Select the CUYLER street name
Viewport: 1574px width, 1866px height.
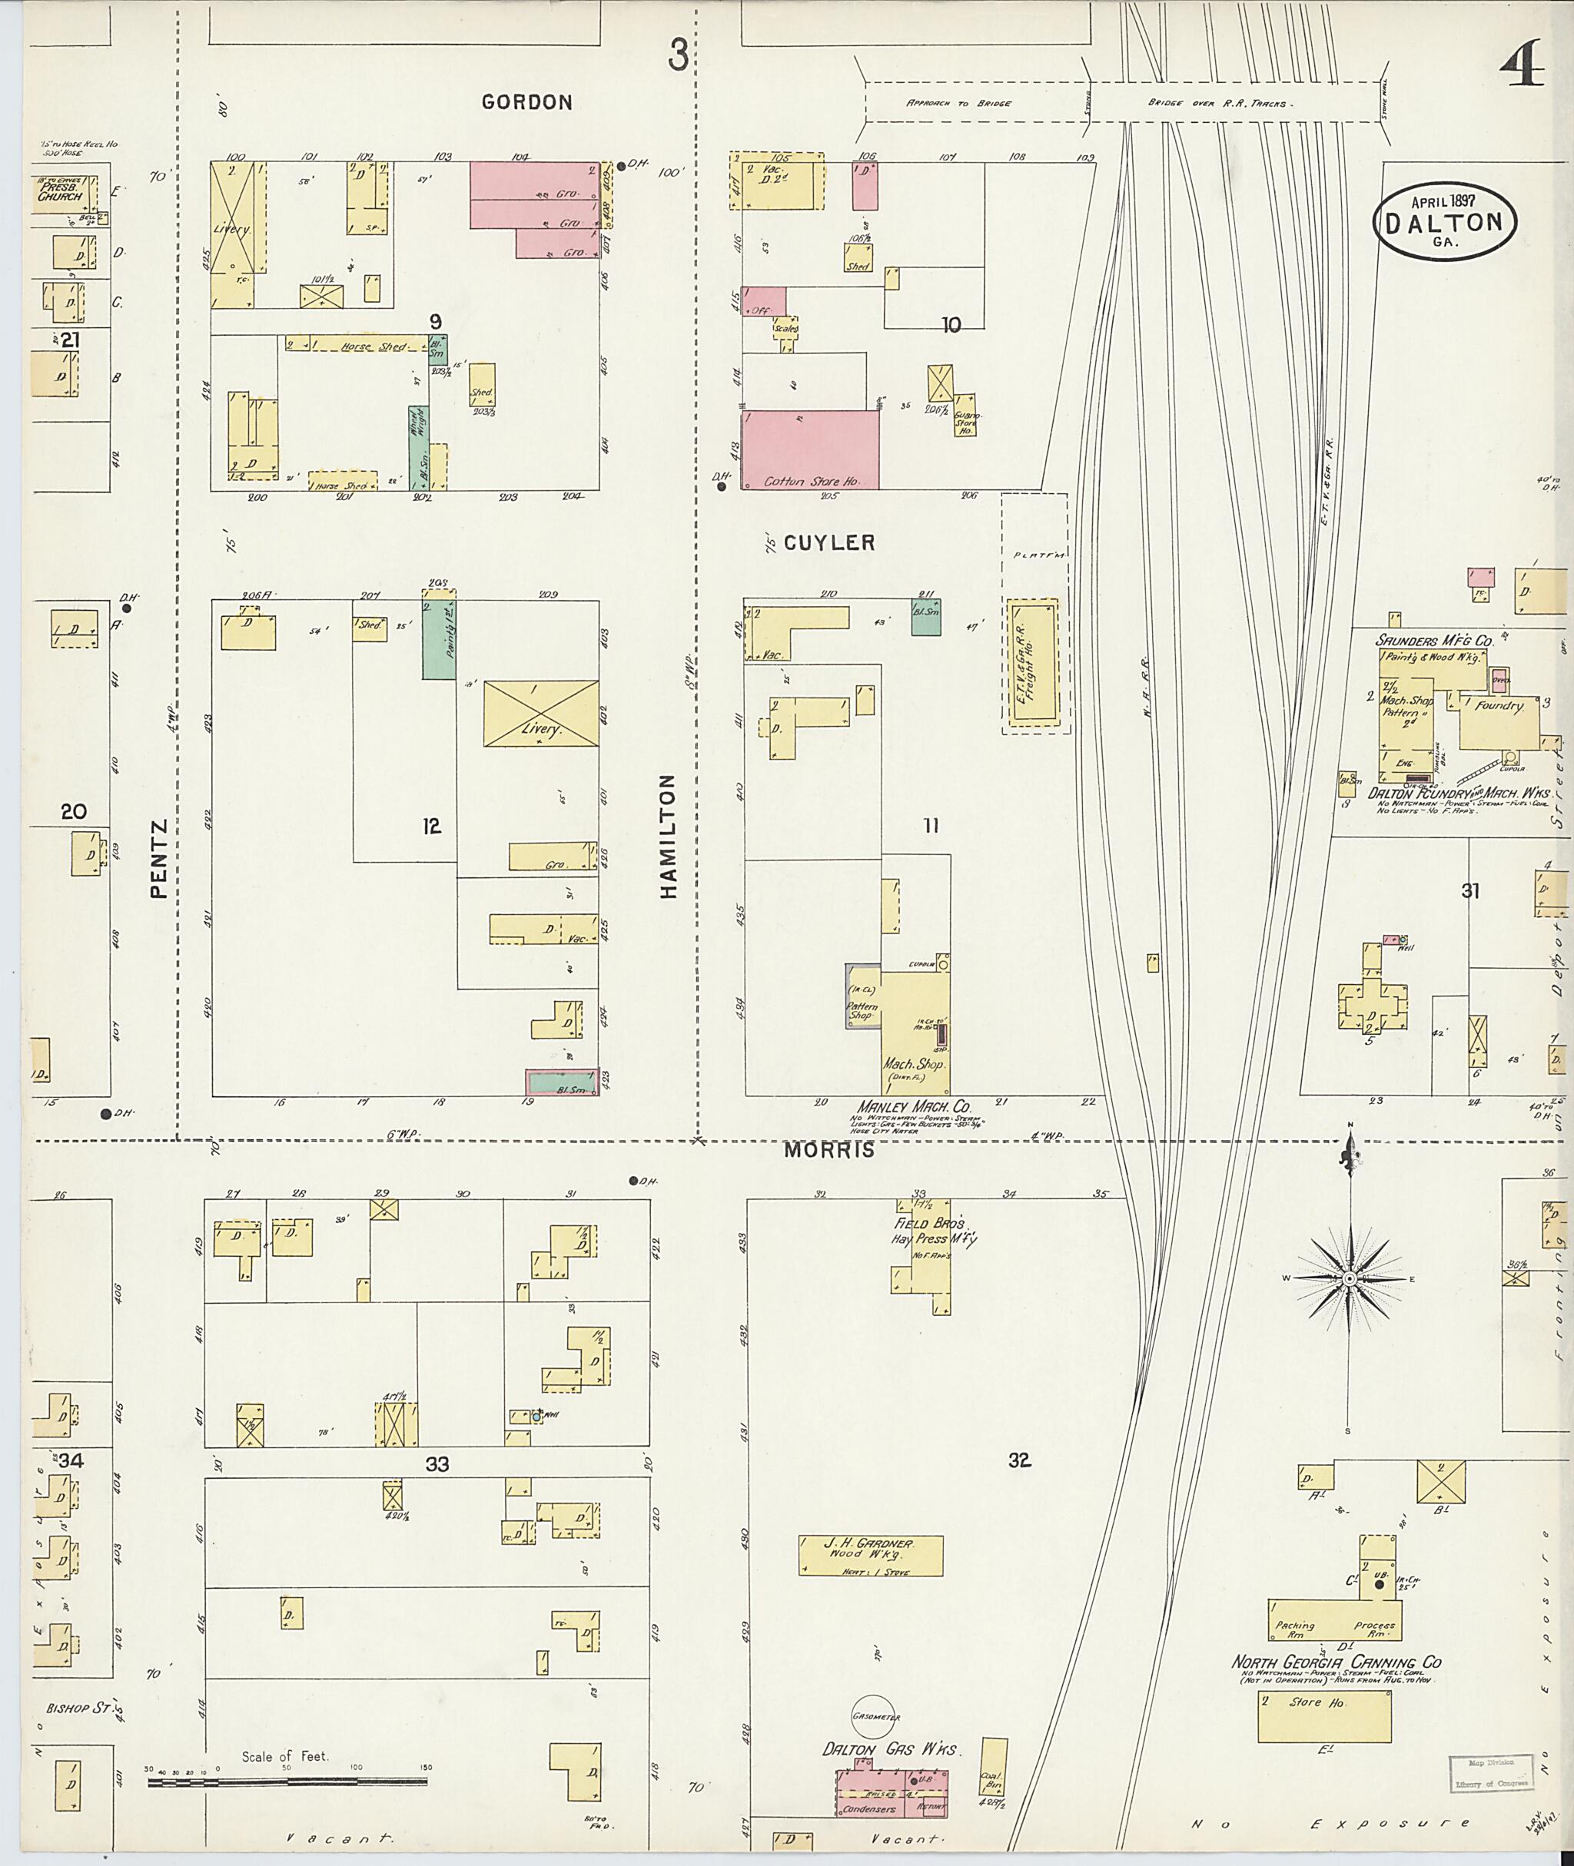click(829, 542)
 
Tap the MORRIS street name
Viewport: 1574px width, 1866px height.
click(829, 1151)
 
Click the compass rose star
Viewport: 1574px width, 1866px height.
click(1349, 1279)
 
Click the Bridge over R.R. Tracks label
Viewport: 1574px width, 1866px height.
click(1217, 104)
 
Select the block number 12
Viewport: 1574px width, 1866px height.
click(432, 826)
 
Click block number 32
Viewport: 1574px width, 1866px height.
click(1020, 1460)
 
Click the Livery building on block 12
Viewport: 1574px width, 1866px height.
click(541, 713)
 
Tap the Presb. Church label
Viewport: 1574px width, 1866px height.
click(60, 191)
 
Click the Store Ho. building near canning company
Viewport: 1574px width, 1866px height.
click(1324, 1716)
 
